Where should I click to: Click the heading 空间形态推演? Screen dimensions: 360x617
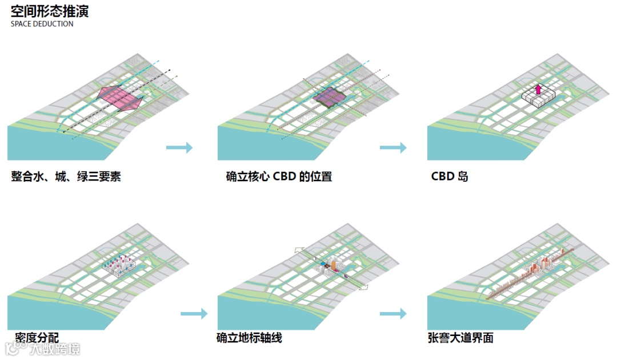pos(50,11)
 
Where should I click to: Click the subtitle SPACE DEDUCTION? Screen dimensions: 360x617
pos(42,25)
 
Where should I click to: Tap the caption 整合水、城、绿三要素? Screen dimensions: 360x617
pos(66,177)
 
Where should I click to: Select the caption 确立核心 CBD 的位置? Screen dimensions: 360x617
pos(279,177)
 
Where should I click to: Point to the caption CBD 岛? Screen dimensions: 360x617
pos(450,177)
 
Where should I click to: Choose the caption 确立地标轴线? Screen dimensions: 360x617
pos(249,338)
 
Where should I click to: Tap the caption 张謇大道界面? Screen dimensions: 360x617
pos(460,338)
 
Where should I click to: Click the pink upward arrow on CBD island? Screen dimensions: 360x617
pos(538,90)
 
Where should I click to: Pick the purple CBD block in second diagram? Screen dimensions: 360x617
pos(330,98)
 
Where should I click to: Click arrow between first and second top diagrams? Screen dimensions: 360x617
pos(179,148)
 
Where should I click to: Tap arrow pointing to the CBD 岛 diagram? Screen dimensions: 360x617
pos(393,148)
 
